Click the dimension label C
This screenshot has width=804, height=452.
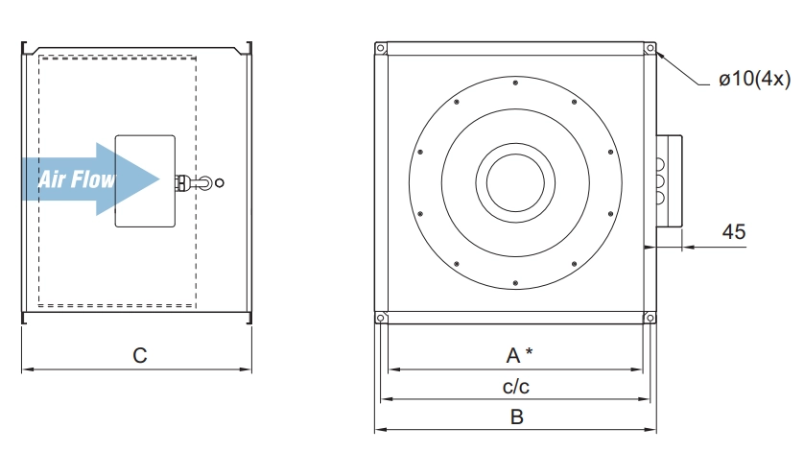pyautogui.click(x=139, y=355)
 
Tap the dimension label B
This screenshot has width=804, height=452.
pyautogui.click(x=517, y=417)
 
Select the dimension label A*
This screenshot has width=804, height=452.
pyautogui.click(x=519, y=355)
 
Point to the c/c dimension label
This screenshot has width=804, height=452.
pyautogui.click(x=516, y=387)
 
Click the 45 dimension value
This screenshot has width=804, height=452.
pyautogui.click(x=734, y=232)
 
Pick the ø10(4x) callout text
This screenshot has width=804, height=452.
pyautogui.click(x=755, y=79)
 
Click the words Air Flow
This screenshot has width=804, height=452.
pyautogui.click(x=77, y=179)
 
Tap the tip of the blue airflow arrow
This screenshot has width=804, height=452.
pyautogui.click(x=159, y=179)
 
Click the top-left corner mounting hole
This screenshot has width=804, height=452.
pyautogui.click(x=381, y=48)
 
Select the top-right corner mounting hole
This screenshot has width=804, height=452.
pyautogui.click(x=650, y=48)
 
